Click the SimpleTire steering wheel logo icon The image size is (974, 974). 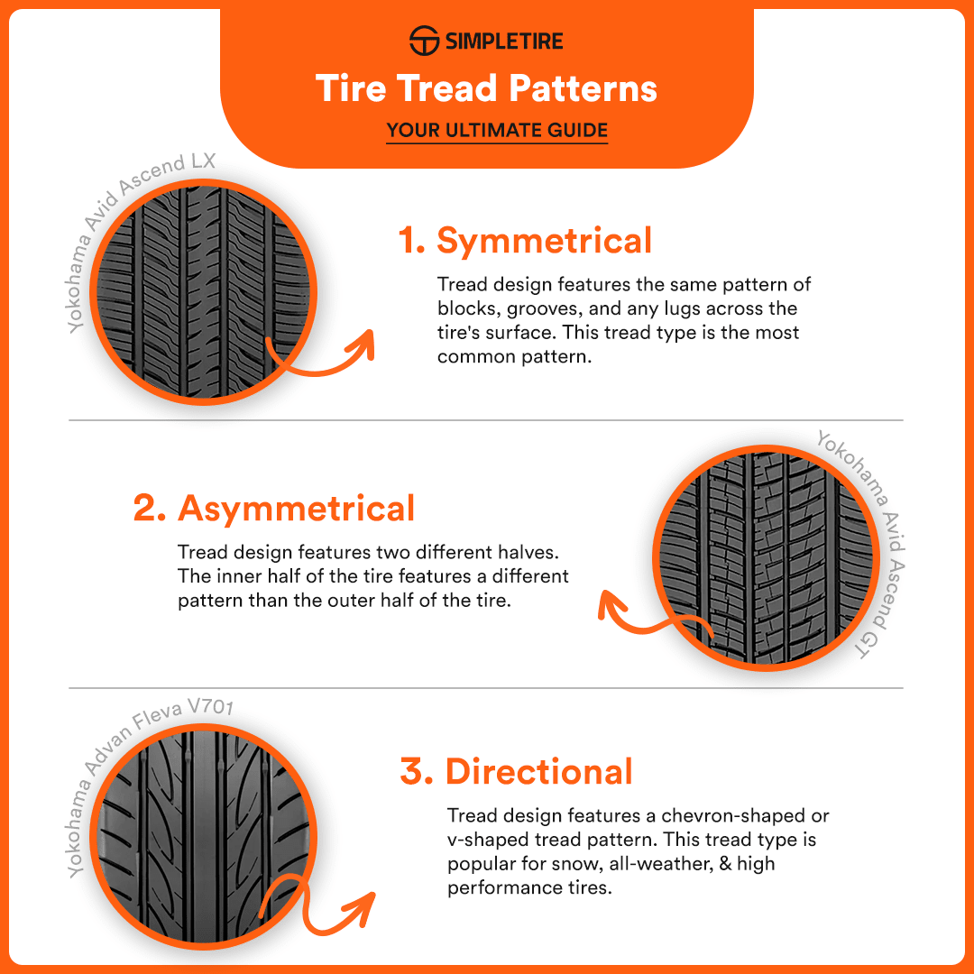[424, 41]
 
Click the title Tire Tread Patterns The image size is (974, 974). [486, 88]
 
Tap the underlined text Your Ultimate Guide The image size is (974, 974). [497, 131]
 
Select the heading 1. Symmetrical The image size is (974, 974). [526, 241]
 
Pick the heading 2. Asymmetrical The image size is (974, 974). [274, 508]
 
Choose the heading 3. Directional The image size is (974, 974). [517, 772]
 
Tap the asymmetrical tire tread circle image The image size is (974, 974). [767, 560]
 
